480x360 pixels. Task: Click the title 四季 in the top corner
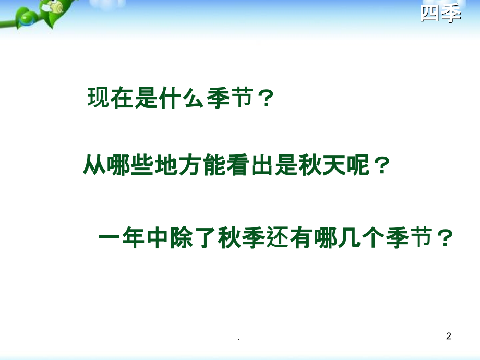441,14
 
